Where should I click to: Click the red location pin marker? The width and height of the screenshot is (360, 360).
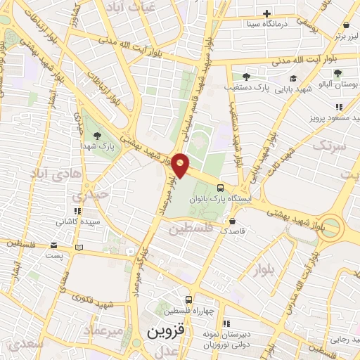pyautogui.click(x=181, y=165)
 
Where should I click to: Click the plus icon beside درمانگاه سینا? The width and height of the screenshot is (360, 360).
pyautogui.click(x=266, y=13)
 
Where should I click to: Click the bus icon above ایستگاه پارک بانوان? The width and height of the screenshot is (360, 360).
pyautogui.click(x=221, y=188)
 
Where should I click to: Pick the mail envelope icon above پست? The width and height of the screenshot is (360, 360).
pyautogui.click(x=54, y=245)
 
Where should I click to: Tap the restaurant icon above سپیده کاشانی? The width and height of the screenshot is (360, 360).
pyautogui.click(x=77, y=210)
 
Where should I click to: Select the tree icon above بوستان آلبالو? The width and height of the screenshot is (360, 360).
pyautogui.click(x=338, y=73)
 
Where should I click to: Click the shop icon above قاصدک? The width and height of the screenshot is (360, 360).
pyautogui.click(x=232, y=220)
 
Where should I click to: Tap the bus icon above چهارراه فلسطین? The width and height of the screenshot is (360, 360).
pyautogui.click(x=187, y=299)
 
